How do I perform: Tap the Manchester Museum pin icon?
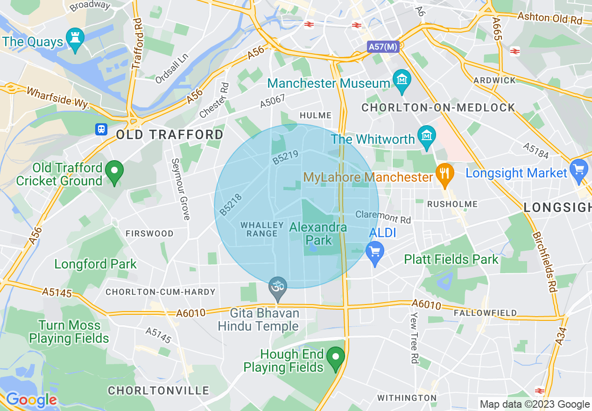[x=401, y=79]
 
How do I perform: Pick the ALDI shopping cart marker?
[x=375, y=252]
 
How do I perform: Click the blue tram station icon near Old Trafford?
[x=101, y=129]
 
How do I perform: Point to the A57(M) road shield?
[x=383, y=47]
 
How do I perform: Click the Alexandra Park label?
[x=318, y=234]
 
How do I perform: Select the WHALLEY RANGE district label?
[x=262, y=229]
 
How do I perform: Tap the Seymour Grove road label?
[x=180, y=189]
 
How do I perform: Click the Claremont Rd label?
[x=383, y=216]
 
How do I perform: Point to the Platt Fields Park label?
[x=451, y=259]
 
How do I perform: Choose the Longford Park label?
[x=96, y=264]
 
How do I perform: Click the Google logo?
[x=31, y=400]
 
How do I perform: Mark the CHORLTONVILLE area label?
[x=158, y=390]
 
